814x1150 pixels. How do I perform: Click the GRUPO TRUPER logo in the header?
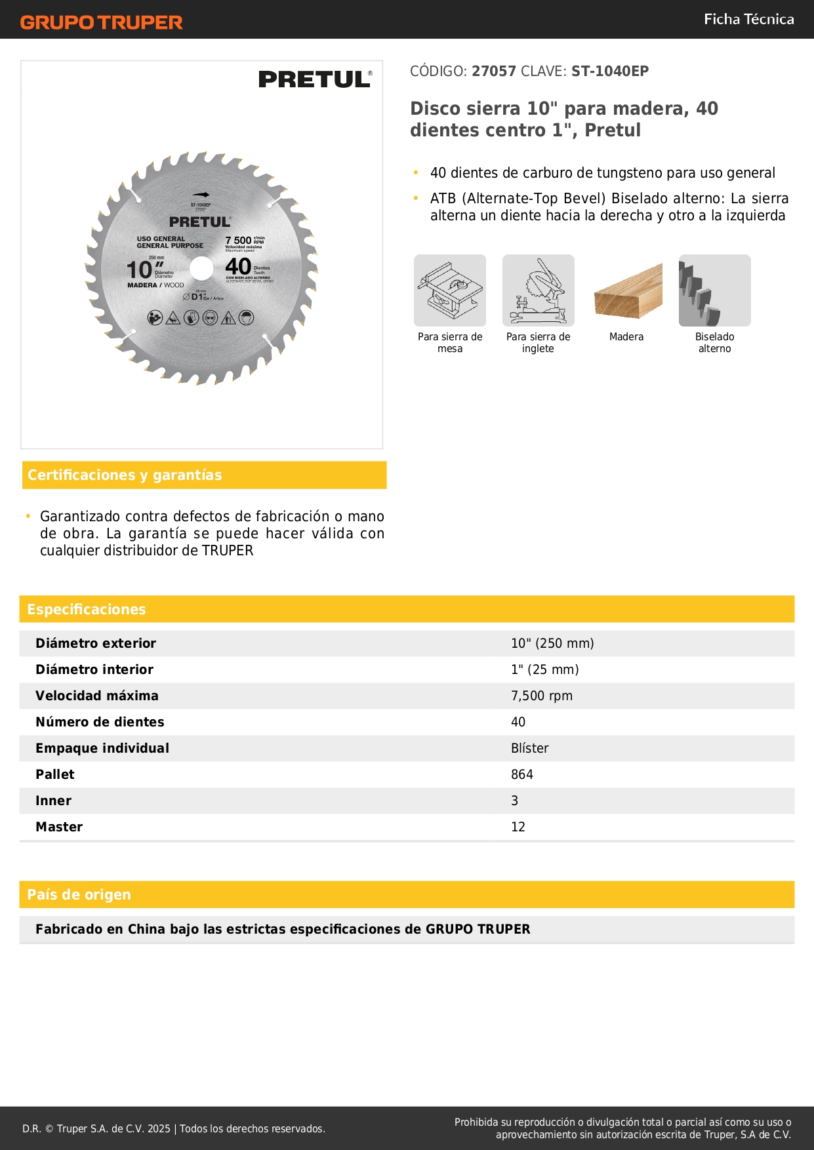[101, 22]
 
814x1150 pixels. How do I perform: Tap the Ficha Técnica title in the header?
[748, 19]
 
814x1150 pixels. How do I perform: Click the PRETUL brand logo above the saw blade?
[315, 79]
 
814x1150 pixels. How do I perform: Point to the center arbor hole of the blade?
[201, 268]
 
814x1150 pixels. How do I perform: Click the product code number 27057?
[494, 71]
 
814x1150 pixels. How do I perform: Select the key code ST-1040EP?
[610, 71]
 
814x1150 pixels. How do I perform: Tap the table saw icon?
[450, 290]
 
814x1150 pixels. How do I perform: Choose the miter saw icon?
[538, 290]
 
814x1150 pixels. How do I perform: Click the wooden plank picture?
[627, 290]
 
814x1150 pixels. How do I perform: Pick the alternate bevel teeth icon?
[714, 290]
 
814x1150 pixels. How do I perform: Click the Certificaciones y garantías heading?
[125, 475]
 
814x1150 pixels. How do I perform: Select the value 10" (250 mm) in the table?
[552, 643]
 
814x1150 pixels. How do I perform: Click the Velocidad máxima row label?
[97, 696]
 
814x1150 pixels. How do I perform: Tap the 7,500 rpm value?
[542, 696]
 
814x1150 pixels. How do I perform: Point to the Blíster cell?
[529, 748]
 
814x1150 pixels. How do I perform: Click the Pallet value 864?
[522, 774]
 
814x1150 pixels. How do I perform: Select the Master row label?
[59, 827]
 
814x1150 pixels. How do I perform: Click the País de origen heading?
[79, 895]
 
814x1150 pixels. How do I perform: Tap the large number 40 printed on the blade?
[238, 267]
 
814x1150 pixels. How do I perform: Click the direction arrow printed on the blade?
[201, 195]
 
